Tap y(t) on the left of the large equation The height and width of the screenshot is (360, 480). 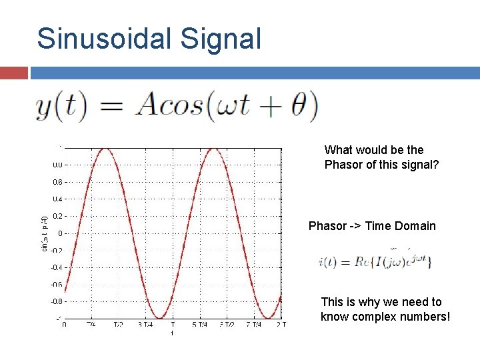point(61,107)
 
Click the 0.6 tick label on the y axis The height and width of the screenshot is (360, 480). point(58,182)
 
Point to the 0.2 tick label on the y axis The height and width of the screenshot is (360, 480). point(58,216)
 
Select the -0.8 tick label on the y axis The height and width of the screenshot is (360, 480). point(57,301)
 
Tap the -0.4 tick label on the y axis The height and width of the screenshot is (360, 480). point(57,267)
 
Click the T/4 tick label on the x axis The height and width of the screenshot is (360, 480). point(91,325)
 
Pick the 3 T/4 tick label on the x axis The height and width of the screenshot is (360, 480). point(144,325)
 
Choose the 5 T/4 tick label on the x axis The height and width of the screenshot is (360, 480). point(198,325)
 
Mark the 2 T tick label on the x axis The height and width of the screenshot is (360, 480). point(280,325)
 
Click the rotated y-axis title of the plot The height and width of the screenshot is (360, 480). point(45,233)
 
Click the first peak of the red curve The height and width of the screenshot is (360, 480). point(104,149)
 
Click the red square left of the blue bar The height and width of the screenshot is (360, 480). point(14,73)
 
